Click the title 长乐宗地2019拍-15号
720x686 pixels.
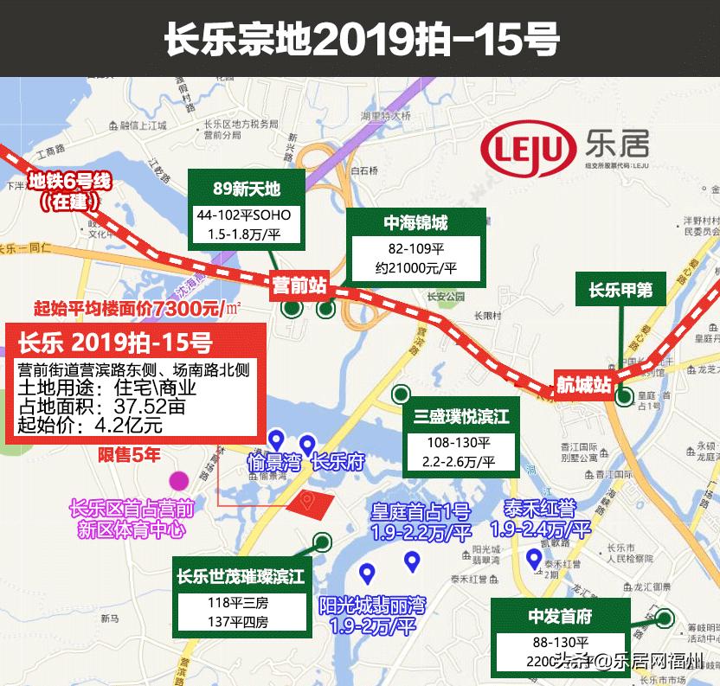361,38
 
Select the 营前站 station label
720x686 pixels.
299,284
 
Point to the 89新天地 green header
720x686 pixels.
247,189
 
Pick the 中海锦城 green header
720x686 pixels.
415,223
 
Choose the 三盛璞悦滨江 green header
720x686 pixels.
461,417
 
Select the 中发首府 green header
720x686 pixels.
560,617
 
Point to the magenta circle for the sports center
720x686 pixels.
179,480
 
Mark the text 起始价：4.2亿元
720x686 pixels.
90,425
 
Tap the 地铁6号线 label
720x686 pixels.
70,182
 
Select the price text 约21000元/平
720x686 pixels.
415,269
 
